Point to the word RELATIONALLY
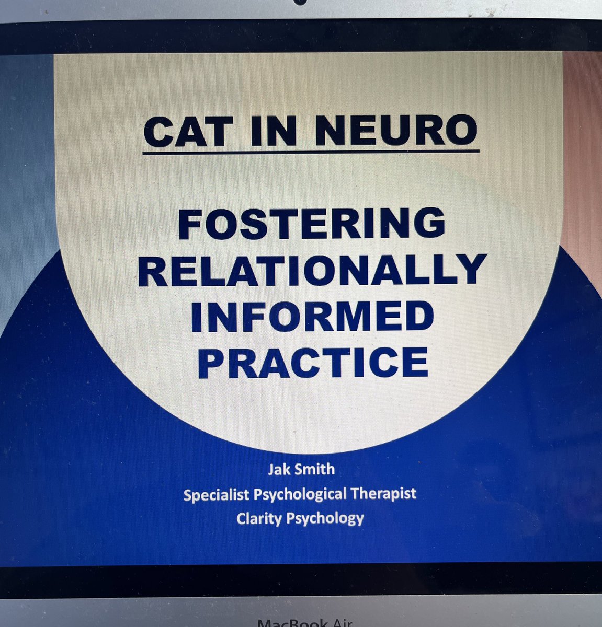point(312,270)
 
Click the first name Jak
point(279,469)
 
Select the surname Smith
point(316,469)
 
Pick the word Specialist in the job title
point(217,493)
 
